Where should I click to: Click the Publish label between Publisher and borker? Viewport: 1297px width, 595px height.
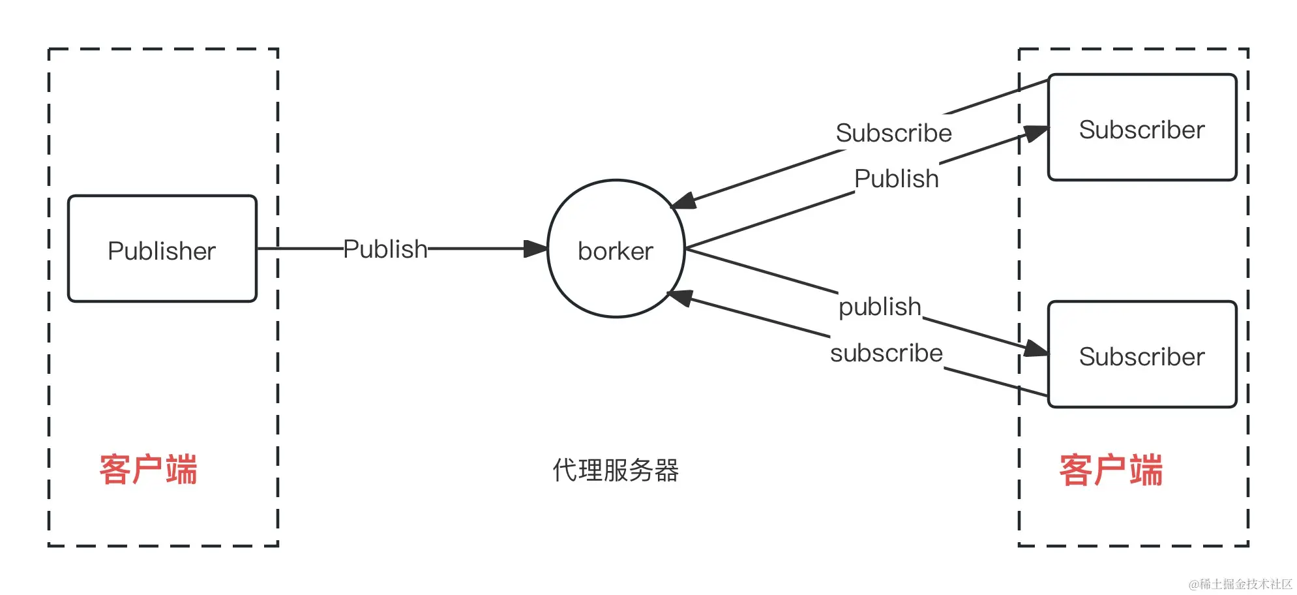(x=385, y=249)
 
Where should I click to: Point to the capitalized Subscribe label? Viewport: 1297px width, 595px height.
(x=893, y=133)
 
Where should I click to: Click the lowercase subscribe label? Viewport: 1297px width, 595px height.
(x=886, y=353)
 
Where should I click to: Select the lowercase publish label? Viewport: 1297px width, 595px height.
(x=880, y=307)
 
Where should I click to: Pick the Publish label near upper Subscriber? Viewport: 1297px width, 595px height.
(x=896, y=179)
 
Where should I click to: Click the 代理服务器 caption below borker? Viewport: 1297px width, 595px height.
(x=616, y=470)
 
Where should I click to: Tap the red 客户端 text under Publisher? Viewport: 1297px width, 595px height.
(x=148, y=470)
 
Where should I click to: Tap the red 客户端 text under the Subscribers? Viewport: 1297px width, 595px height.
(x=1111, y=470)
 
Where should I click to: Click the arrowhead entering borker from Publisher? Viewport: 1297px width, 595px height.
(x=535, y=249)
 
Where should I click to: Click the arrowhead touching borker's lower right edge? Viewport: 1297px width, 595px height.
(x=680, y=297)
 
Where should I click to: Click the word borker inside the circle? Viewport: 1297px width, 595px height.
(x=616, y=251)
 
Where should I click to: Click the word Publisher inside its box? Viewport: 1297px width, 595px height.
(x=162, y=251)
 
